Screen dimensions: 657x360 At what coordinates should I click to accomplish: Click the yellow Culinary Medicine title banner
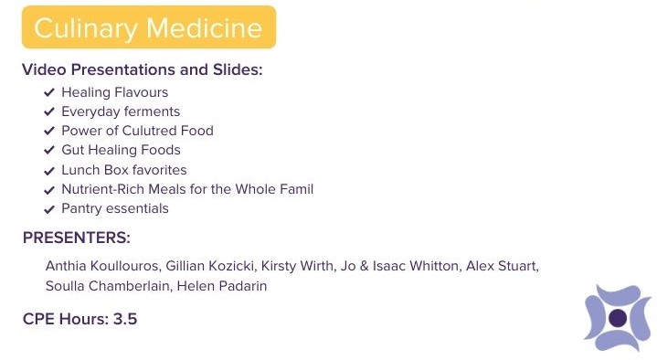(149, 27)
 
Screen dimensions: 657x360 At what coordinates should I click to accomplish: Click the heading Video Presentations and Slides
(142, 69)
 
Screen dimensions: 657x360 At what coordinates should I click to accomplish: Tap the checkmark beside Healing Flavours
(49, 92)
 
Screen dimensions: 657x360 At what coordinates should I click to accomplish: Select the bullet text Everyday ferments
(121, 111)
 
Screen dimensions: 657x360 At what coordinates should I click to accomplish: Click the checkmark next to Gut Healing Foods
(49, 150)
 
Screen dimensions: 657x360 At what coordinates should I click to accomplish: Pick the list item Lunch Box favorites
(124, 170)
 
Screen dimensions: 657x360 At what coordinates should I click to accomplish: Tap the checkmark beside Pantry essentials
(49, 209)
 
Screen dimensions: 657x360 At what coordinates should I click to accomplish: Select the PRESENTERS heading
(77, 238)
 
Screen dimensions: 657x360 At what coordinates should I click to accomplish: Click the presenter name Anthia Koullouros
(101, 266)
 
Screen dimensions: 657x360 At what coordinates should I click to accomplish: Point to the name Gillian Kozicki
(210, 266)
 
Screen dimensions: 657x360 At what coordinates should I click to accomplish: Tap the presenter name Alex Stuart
(502, 266)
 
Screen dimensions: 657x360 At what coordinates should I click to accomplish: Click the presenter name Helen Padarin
(222, 286)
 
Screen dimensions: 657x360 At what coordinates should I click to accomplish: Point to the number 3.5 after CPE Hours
(125, 319)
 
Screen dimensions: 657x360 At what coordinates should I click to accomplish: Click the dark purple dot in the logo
(618, 318)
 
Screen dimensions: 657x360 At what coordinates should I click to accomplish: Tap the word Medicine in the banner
(204, 28)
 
